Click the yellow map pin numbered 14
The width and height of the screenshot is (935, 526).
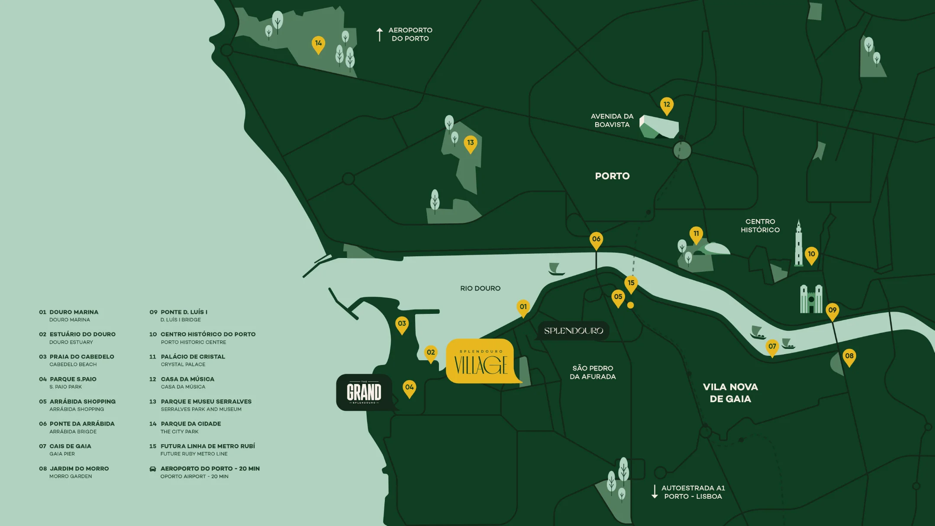[x=318, y=44]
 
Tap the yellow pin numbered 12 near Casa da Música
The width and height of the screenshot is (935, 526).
[x=667, y=105]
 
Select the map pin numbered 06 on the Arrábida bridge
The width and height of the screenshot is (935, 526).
[x=596, y=240]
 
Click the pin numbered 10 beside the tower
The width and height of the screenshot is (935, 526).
[x=811, y=255]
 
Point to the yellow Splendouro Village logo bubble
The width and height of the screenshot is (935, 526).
[x=480, y=361]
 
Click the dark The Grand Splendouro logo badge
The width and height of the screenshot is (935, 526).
[x=364, y=392]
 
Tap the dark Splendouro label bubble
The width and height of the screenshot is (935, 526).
[x=573, y=331]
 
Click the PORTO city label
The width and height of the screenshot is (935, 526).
[x=612, y=176]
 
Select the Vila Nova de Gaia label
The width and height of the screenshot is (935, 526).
[x=730, y=393]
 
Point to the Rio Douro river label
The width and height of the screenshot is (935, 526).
[x=480, y=288]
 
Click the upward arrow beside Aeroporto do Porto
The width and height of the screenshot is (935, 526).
[x=380, y=35]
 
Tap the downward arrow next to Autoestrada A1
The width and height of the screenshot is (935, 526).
[x=654, y=492]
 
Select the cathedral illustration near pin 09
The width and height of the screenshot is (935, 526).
[x=811, y=299]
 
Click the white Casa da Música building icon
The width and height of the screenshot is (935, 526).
[x=659, y=127]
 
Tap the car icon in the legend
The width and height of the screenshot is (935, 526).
[x=153, y=469]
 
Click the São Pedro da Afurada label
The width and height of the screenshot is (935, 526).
[x=593, y=372]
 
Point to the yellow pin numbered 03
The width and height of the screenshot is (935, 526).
[x=402, y=325]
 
